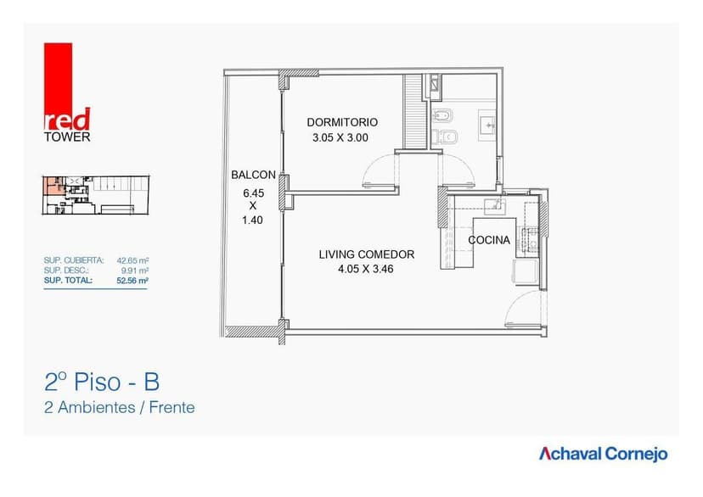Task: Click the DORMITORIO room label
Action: point(342,122)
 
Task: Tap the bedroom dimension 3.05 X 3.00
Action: point(340,137)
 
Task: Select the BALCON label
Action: point(253,175)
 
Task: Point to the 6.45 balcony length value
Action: point(253,193)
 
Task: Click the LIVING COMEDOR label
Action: point(366,254)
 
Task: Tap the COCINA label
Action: point(489,240)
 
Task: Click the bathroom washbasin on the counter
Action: point(487,126)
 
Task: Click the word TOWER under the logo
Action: point(66,137)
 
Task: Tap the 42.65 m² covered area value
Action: point(133,260)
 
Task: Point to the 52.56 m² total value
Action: point(133,280)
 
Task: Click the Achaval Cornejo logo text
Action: point(603,454)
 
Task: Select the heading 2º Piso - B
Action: point(100,382)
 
